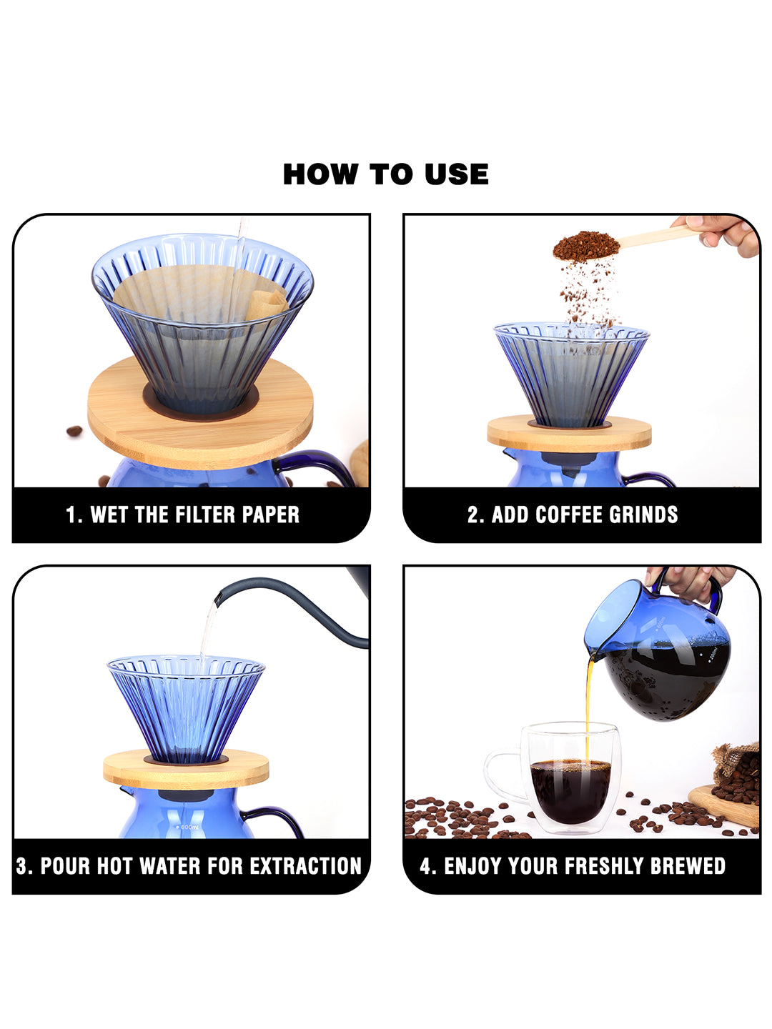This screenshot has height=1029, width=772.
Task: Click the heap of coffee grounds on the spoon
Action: tap(586, 244)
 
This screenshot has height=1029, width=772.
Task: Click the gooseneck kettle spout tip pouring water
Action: tap(218, 597)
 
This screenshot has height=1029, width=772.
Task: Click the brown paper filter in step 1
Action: tap(199, 293)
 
